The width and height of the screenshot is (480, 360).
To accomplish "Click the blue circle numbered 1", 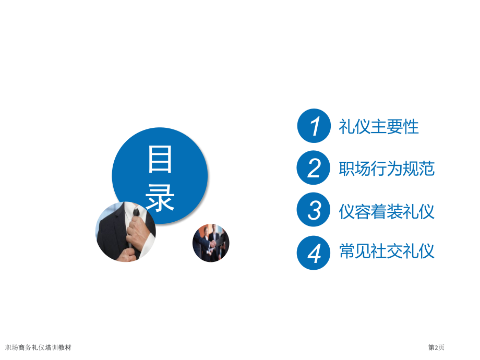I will point(314,126).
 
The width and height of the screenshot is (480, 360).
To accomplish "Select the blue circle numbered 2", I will point(314,169).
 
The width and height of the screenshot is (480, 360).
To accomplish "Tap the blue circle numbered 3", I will point(314,211).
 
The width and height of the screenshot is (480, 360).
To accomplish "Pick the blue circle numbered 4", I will point(314,253).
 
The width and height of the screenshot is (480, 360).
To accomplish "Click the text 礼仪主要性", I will point(379,127).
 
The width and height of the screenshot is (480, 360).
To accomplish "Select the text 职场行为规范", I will point(387,169).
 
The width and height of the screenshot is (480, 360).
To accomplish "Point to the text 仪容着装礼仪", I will point(387,211).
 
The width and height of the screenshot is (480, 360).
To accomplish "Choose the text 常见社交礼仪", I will point(387,253).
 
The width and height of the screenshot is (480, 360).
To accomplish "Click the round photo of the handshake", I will point(211,243).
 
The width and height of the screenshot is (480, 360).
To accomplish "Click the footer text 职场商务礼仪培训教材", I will point(38,347).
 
